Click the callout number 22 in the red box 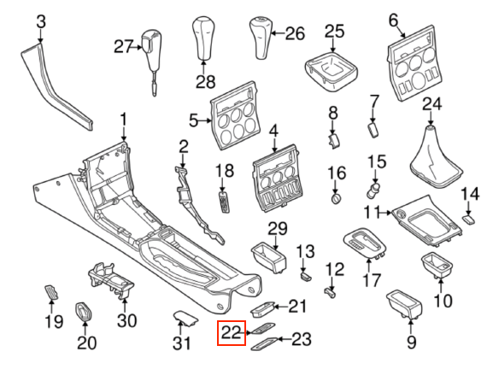pos(231,332)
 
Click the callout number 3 pos(41,22)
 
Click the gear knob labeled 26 pos(261,38)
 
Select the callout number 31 pos(182,343)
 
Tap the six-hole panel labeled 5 pos(235,115)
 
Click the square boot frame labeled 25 pos(332,72)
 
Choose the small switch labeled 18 pos(223,202)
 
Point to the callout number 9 pos(412,342)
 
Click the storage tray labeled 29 pos(269,257)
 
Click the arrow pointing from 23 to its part pos(285,339)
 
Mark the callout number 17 pos(372,280)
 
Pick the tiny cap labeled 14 pos(468,220)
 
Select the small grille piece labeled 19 pos(51,293)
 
